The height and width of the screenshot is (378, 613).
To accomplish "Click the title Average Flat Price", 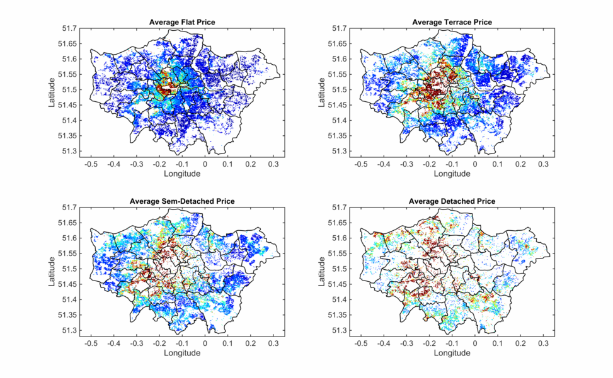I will pyautogui.click(x=181, y=23).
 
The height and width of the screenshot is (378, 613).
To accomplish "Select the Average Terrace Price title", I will pyautogui.click(x=452, y=23).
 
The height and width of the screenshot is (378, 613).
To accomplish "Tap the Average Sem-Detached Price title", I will pyautogui.click(x=181, y=201).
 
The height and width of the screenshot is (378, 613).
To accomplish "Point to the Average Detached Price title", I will pyautogui.click(x=452, y=201).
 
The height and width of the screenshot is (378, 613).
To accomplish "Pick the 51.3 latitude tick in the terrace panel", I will pyautogui.click(x=340, y=152).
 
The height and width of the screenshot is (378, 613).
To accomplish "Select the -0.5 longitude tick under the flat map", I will pyautogui.click(x=91, y=164).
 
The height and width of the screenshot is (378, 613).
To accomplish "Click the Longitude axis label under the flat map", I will pyautogui.click(x=181, y=173).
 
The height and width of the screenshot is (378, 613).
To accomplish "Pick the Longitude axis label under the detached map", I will pyautogui.click(x=452, y=353).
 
